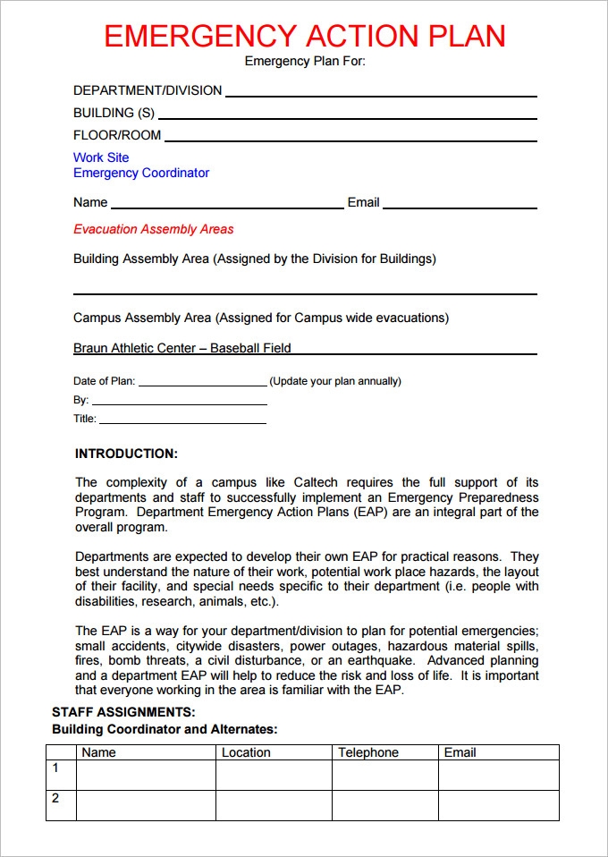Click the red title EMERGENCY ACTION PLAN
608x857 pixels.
tap(304, 36)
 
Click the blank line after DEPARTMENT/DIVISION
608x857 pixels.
tap(381, 93)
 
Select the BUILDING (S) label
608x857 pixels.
tap(114, 113)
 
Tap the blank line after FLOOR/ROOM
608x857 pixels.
tap(350, 138)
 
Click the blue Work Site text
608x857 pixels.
tap(101, 157)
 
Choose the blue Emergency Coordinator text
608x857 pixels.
tap(141, 173)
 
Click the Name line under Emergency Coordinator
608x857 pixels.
tap(227, 205)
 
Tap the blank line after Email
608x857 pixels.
tap(460, 205)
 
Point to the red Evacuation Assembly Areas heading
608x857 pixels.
tap(153, 229)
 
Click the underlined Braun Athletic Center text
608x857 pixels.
tap(182, 348)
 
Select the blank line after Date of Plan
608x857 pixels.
tap(203, 383)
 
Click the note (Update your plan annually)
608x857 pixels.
tap(335, 381)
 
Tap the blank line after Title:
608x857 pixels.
tap(182, 420)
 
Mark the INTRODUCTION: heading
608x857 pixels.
tap(126, 454)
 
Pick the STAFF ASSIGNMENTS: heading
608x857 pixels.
tap(123, 712)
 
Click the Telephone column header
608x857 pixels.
tap(368, 752)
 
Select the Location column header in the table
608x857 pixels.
tap(246, 752)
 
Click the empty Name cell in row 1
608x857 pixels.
tap(146, 775)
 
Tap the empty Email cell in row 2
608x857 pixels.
tap(498, 805)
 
